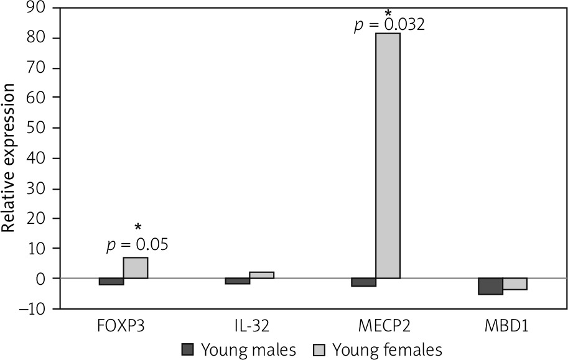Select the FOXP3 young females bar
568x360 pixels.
[x=136, y=267]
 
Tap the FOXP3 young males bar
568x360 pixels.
[x=111, y=282]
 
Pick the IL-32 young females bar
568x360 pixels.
[x=262, y=275]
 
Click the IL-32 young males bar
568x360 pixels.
[x=238, y=281]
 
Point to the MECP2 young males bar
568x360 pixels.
[x=363, y=282]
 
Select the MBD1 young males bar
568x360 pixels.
[x=490, y=286]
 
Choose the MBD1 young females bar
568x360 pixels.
[x=514, y=284]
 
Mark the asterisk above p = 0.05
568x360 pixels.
[x=137, y=227]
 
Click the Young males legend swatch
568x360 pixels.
[x=189, y=349]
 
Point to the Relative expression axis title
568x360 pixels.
[x=9, y=159]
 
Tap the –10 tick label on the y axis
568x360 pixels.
[x=29, y=309]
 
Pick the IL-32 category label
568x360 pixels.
[x=249, y=326]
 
